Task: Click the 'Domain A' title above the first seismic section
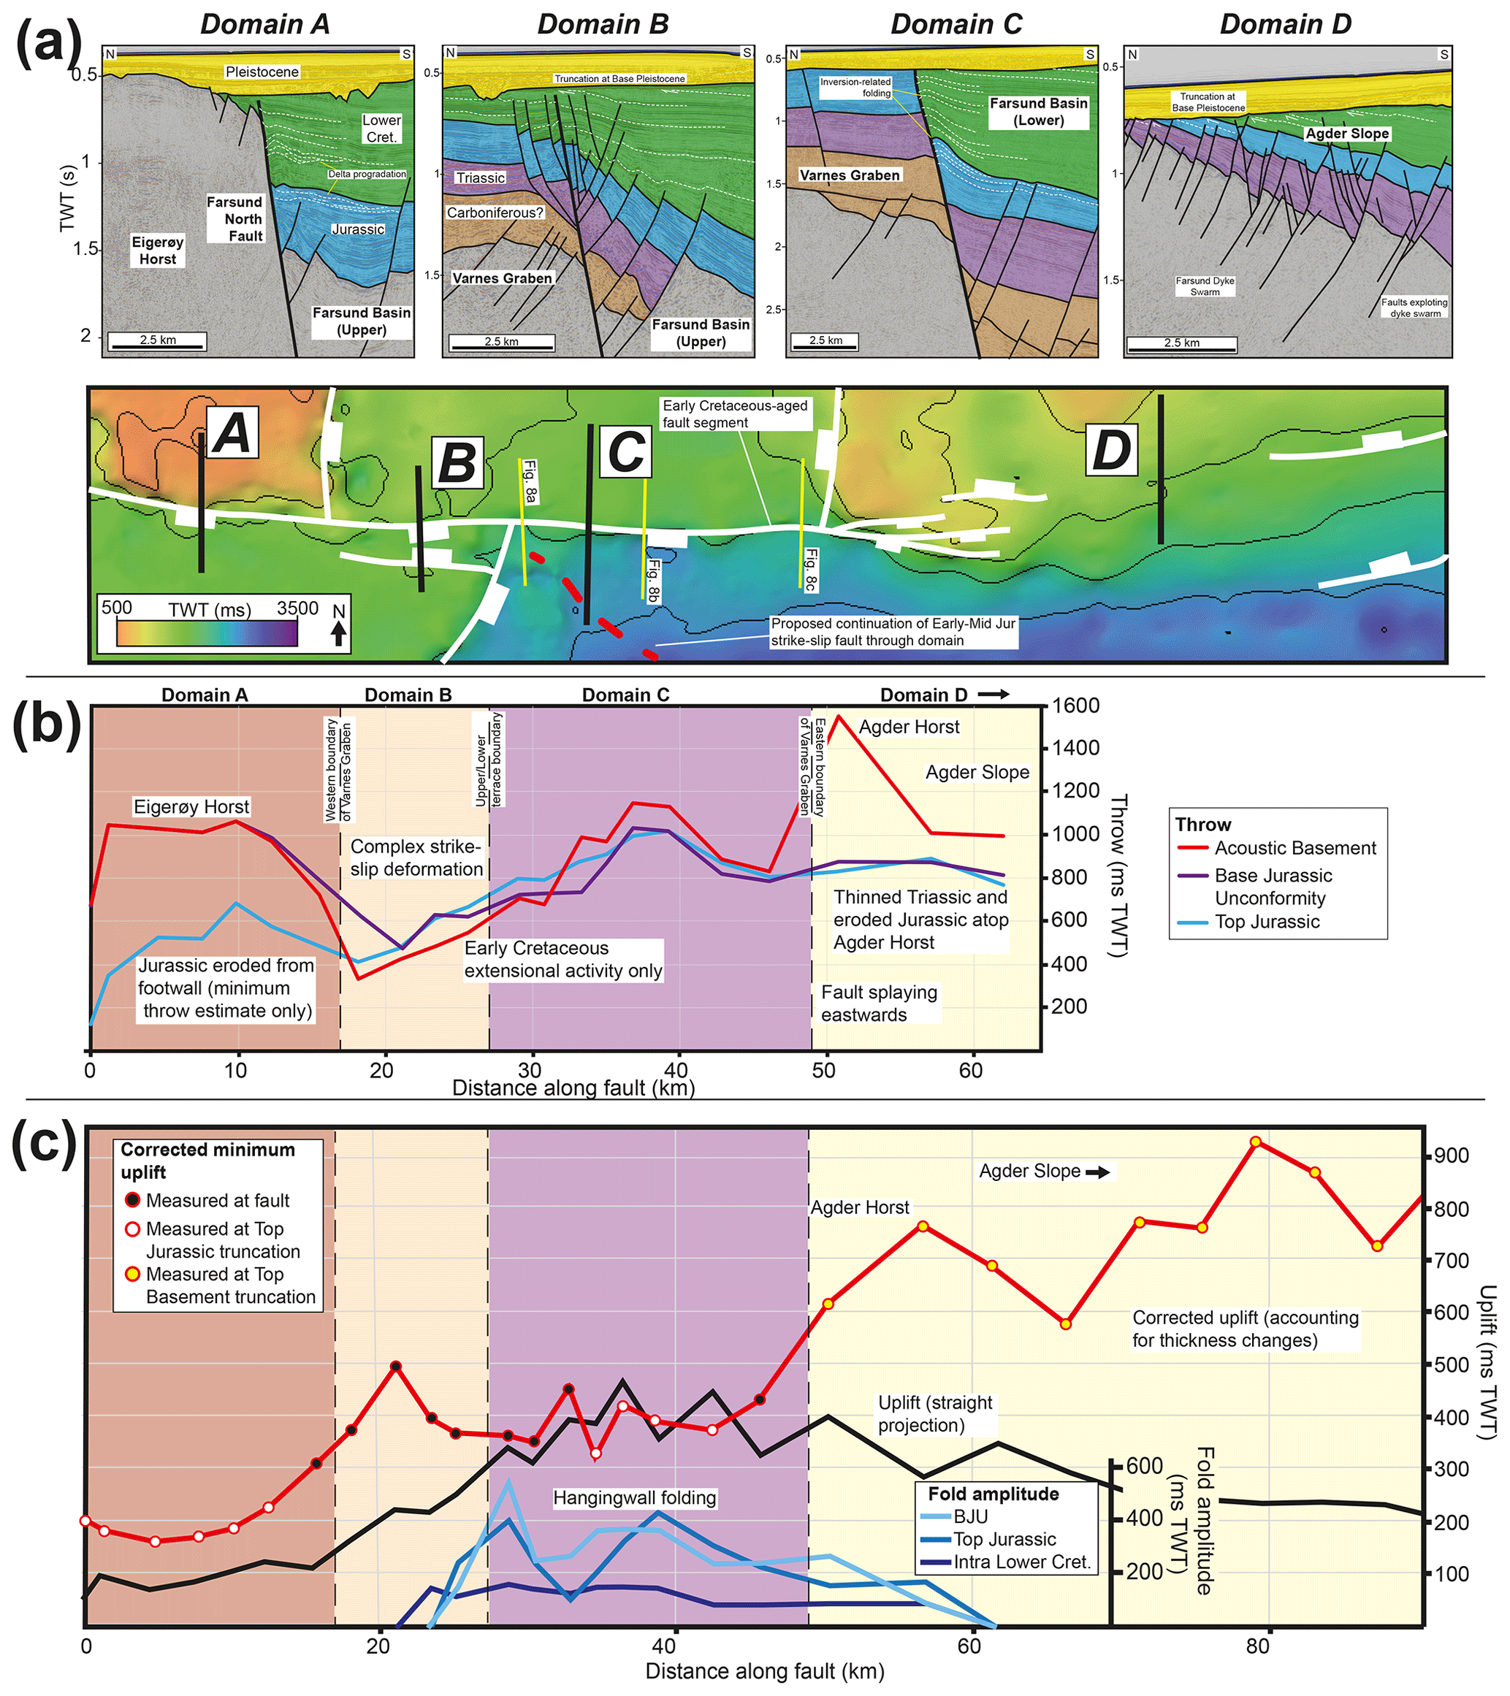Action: coord(264,24)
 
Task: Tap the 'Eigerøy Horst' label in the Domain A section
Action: coord(158,251)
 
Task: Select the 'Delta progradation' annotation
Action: coord(367,175)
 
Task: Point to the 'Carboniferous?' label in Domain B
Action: coord(495,213)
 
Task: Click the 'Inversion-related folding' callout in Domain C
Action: coord(855,87)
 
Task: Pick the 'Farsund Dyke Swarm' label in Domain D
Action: coord(1205,286)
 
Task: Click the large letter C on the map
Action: coord(626,452)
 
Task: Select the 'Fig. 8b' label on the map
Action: coord(654,580)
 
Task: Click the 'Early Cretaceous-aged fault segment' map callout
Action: coord(735,413)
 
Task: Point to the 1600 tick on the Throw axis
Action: coord(1076,706)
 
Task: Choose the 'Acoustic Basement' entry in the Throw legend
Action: coord(1294,848)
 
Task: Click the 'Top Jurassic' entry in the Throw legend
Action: coord(1266,922)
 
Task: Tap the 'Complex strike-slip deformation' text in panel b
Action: coord(416,858)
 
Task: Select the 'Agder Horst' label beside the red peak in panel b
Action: coord(909,727)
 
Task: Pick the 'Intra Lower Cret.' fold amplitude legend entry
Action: coord(1021,1562)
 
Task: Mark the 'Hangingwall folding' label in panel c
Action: coord(635,1497)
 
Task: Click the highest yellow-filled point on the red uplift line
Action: coord(1255,1142)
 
